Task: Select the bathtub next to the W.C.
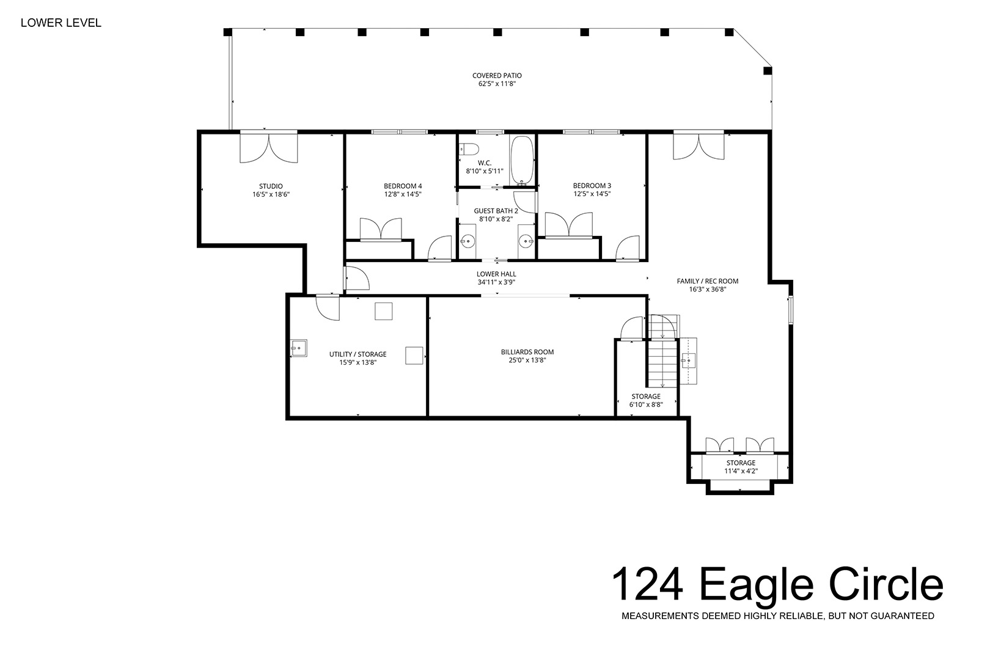click(522, 160)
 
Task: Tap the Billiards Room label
click(527, 353)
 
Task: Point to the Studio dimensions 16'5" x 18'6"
click(271, 194)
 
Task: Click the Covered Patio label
click(497, 76)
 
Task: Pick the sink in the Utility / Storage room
click(299, 348)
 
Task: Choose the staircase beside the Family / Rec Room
click(662, 351)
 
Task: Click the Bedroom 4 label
click(403, 186)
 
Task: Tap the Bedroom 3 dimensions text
click(592, 194)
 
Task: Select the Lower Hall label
click(496, 274)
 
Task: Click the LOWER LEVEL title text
click(61, 23)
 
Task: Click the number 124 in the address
click(648, 584)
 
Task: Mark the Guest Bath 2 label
click(496, 211)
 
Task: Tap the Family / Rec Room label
click(708, 281)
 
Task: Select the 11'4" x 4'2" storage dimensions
click(741, 471)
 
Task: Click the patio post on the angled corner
click(768, 71)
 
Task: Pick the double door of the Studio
click(269, 147)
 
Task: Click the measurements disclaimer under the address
click(778, 616)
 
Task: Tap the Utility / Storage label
click(358, 354)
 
